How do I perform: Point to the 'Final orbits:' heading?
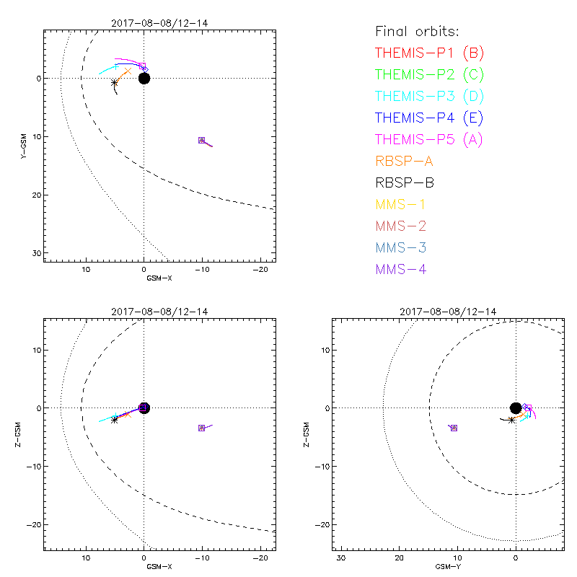(x=418, y=31)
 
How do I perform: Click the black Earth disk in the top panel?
(x=144, y=78)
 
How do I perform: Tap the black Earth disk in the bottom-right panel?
(x=516, y=408)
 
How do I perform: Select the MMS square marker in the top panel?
(x=202, y=140)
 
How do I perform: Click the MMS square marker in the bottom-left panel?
(x=202, y=428)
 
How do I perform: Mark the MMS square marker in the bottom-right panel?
(x=454, y=428)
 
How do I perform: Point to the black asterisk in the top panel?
(x=115, y=83)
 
